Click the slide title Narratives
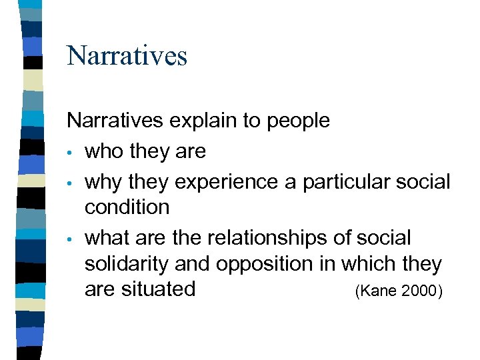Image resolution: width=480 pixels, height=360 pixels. point(127,55)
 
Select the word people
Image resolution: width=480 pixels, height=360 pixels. point(298,121)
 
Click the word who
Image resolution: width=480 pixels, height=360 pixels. point(104,151)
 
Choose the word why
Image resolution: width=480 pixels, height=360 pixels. point(103,181)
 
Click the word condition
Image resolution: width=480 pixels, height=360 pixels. point(127,207)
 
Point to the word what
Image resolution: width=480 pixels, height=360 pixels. point(107,238)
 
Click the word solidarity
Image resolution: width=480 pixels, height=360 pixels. point(127,264)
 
